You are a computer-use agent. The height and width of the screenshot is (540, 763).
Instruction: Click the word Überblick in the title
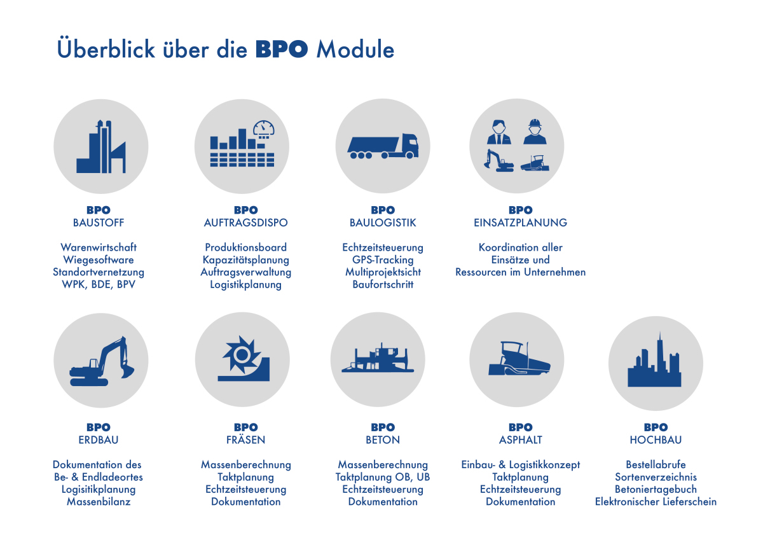tap(106, 48)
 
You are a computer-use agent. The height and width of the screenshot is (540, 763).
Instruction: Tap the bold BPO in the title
tap(282, 50)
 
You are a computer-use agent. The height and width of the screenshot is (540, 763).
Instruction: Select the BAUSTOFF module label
tap(99, 223)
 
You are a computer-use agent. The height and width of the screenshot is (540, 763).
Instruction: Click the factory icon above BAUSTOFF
tap(101, 146)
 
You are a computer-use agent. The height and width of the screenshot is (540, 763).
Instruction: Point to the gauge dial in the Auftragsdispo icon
tap(264, 128)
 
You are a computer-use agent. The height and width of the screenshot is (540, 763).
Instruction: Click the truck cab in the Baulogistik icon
tap(409, 146)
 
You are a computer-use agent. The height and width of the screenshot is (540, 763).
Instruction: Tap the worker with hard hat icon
tap(535, 132)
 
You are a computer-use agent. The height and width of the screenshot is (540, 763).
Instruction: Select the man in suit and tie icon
tap(499, 132)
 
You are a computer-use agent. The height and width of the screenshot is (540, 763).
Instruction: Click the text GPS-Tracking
tap(383, 260)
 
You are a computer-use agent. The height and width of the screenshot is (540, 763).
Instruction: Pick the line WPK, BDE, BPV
tap(99, 284)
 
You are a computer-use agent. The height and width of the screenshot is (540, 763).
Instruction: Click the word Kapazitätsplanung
tap(245, 260)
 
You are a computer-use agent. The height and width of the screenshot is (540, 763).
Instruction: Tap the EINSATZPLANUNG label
tap(520, 223)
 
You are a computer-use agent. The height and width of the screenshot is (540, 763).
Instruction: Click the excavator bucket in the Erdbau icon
tap(127, 371)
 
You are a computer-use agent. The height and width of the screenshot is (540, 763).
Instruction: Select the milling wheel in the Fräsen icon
tap(242, 355)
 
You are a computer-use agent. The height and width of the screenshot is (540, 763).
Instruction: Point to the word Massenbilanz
tap(99, 501)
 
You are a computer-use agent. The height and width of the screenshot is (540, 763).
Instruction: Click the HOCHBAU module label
tap(656, 440)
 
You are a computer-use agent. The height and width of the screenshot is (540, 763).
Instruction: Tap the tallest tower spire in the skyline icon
tap(660, 341)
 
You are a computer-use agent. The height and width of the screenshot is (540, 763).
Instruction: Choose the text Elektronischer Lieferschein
tap(656, 501)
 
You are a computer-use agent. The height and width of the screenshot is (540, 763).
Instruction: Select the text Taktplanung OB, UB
tap(383, 477)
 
